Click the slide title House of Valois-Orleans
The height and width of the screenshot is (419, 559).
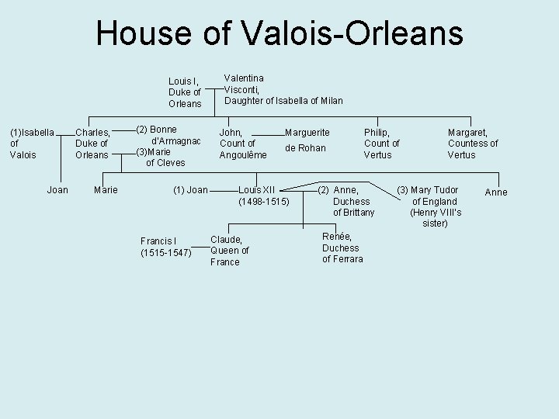279,33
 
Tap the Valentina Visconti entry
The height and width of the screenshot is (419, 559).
283,89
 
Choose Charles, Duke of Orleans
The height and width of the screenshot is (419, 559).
92,144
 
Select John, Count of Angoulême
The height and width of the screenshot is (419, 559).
242,144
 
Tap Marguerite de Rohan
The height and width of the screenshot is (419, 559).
307,140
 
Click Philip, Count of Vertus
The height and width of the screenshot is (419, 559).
381,144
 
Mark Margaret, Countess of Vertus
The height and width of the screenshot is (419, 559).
472,144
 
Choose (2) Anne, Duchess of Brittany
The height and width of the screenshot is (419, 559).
349,201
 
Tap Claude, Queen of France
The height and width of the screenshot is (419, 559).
229,251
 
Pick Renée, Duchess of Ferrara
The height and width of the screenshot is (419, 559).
342,248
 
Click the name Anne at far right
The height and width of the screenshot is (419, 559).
495,192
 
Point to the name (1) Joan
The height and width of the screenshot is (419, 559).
189,190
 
